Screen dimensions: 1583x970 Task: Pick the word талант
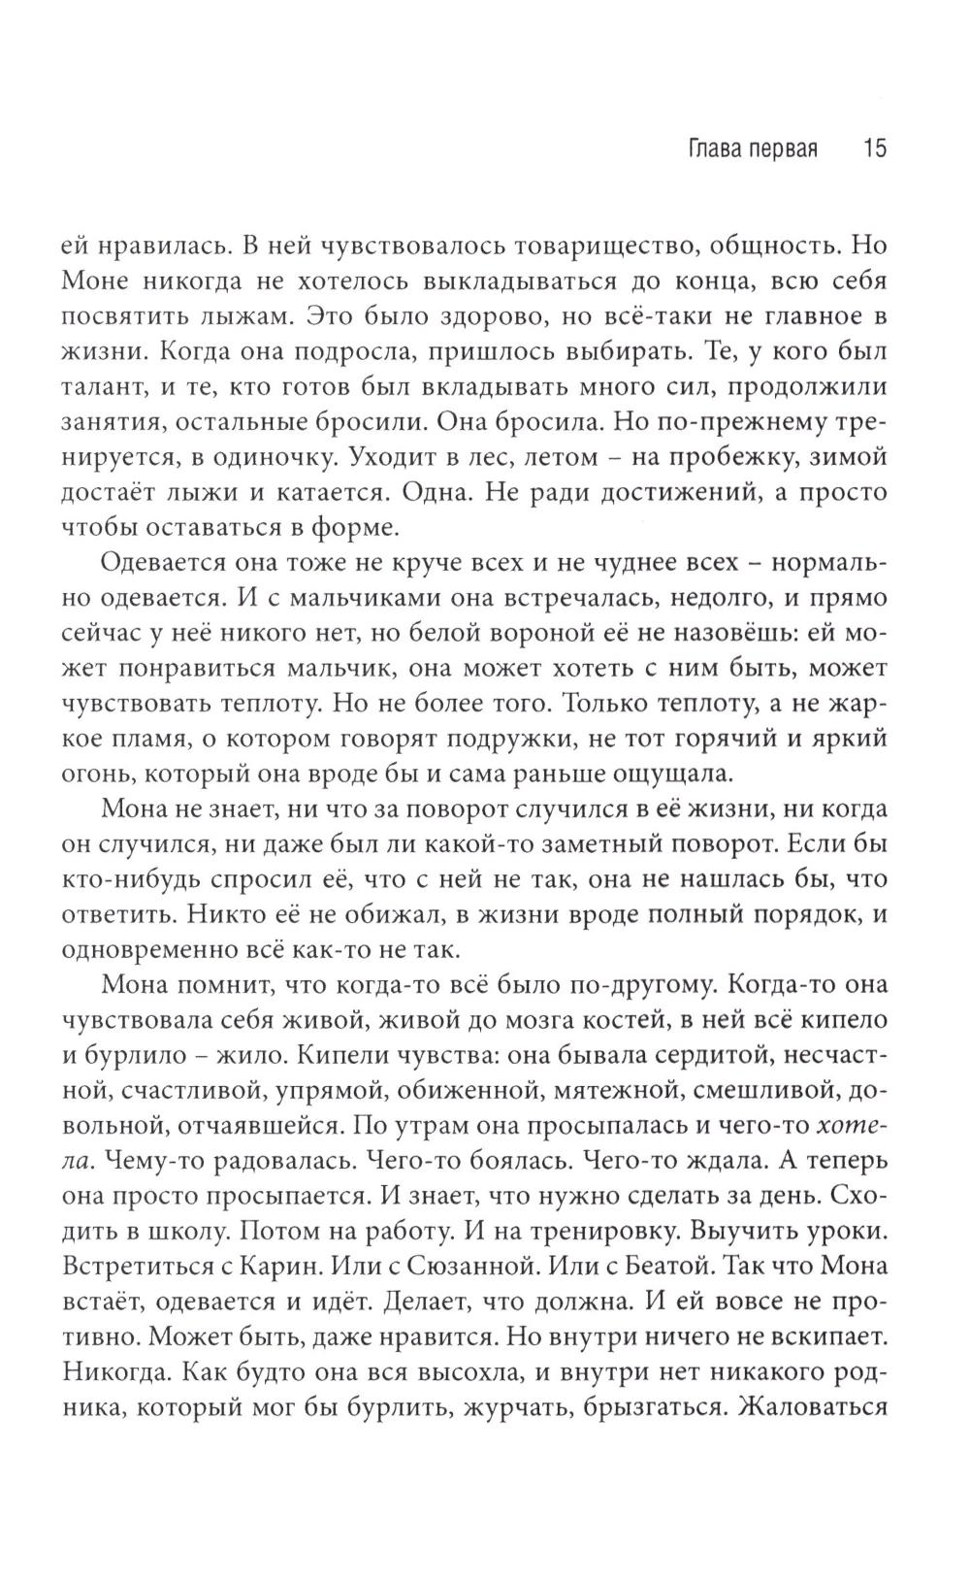pyautogui.click(x=113, y=386)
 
